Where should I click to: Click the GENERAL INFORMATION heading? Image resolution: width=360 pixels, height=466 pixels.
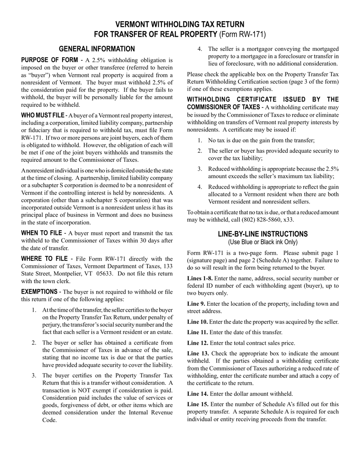(97, 49)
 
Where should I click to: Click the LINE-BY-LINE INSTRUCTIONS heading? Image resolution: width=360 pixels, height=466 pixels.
(263, 234)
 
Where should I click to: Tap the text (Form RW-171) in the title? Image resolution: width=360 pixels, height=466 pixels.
(243, 34)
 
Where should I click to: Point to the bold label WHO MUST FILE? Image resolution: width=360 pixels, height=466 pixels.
(42, 115)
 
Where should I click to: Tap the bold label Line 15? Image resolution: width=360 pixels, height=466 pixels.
(198, 404)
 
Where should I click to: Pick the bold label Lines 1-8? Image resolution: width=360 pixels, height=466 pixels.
(200, 278)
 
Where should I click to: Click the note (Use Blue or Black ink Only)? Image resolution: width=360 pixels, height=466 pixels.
(263, 242)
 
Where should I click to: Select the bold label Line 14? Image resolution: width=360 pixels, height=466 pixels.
(197, 394)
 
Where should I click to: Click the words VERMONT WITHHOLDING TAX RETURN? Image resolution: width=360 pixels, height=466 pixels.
(180, 25)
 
